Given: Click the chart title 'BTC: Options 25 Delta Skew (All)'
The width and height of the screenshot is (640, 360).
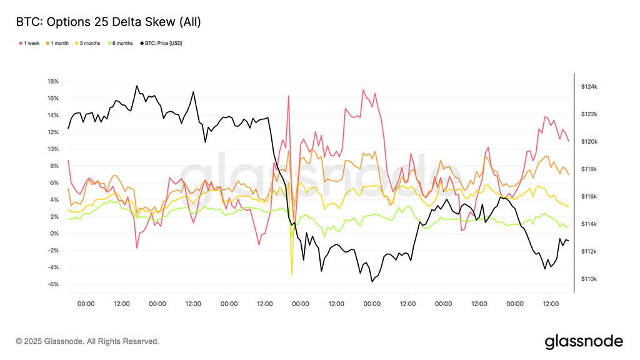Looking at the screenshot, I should pos(108,22).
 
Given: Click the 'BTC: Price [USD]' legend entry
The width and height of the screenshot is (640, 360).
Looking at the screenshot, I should pos(162,43).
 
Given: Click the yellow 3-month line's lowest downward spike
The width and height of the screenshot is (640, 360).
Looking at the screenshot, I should pos(292,274).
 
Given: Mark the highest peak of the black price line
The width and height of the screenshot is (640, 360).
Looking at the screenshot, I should pos(137,86).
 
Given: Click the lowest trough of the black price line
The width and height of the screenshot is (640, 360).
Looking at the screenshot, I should pos(372,282).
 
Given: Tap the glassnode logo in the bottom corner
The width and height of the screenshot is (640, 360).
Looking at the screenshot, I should pos(584,341).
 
